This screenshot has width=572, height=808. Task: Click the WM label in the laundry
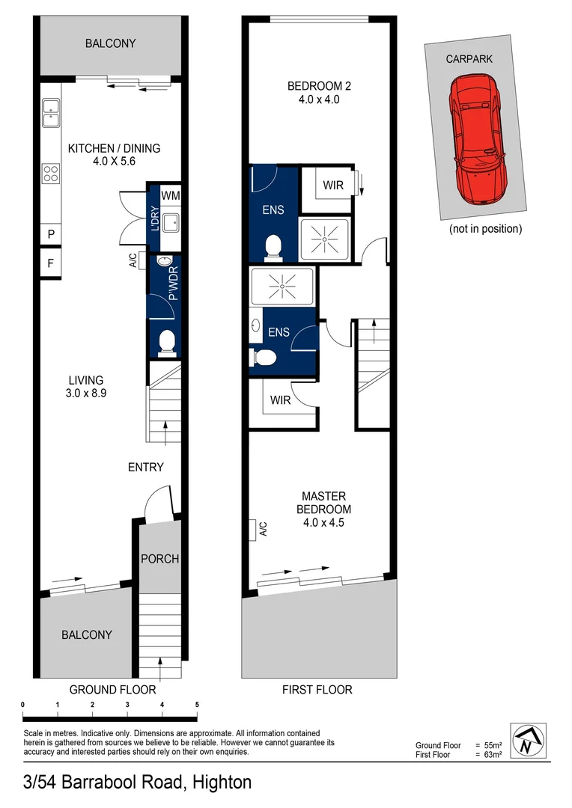(x=171, y=196)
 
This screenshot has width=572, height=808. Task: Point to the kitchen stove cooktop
(x=51, y=174)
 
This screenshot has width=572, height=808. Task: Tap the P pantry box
(x=51, y=234)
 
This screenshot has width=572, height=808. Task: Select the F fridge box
(x=51, y=263)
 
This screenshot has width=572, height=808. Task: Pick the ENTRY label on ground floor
(x=145, y=467)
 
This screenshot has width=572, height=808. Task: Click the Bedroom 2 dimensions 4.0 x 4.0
(x=319, y=99)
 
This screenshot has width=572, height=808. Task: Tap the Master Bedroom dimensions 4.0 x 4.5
(x=323, y=523)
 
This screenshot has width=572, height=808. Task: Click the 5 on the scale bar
(x=197, y=705)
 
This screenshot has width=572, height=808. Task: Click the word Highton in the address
(x=222, y=783)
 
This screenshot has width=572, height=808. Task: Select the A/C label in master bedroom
(x=263, y=529)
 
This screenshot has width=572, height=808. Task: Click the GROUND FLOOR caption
(x=112, y=689)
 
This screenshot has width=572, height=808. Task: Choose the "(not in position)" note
(x=485, y=229)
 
